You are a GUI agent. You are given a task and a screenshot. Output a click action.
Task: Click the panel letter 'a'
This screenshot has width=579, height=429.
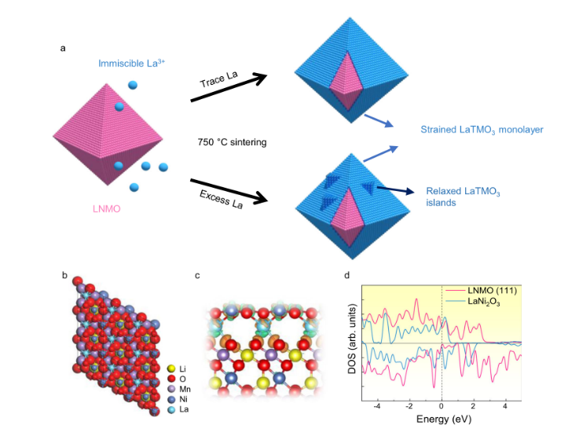[x=63, y=48]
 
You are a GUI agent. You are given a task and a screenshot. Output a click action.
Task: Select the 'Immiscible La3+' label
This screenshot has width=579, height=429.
[x=131, y=63]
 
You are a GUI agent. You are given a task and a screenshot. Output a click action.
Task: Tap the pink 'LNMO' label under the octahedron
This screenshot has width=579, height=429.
[x=112, y=211]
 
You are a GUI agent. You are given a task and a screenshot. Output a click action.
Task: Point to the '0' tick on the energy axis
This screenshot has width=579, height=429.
[x=442, y=407]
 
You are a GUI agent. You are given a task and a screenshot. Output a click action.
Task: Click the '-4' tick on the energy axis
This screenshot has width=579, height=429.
[x=377, y=407]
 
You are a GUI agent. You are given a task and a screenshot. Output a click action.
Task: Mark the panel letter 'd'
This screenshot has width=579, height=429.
[x=347, y=275]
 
